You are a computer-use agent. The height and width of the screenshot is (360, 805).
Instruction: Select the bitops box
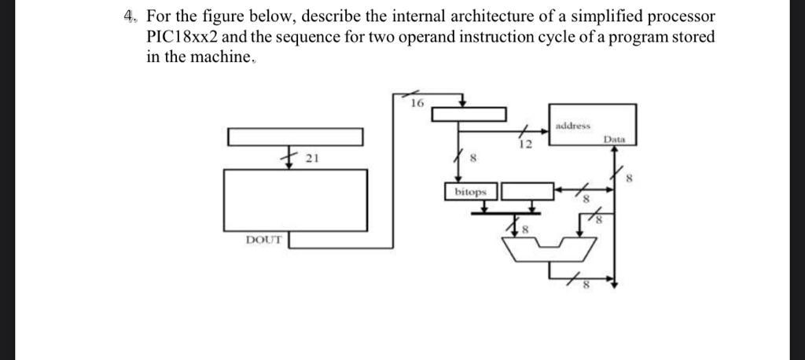click(471, 191)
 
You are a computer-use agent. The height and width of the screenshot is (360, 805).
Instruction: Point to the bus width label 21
click(311, 158)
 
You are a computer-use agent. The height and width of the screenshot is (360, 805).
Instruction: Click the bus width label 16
click(417, 102)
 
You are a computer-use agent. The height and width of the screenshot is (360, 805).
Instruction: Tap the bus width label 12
click(525, 145)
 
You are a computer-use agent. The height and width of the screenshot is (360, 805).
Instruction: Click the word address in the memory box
click(572, 125)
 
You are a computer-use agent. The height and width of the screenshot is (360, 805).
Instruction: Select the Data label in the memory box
click(614, 138)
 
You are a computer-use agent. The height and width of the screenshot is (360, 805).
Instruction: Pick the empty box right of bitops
click(527, 191)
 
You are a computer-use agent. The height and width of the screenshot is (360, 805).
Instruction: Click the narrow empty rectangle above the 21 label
click(296, 137)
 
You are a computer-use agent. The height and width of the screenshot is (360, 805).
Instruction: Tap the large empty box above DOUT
click(296, 200)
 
